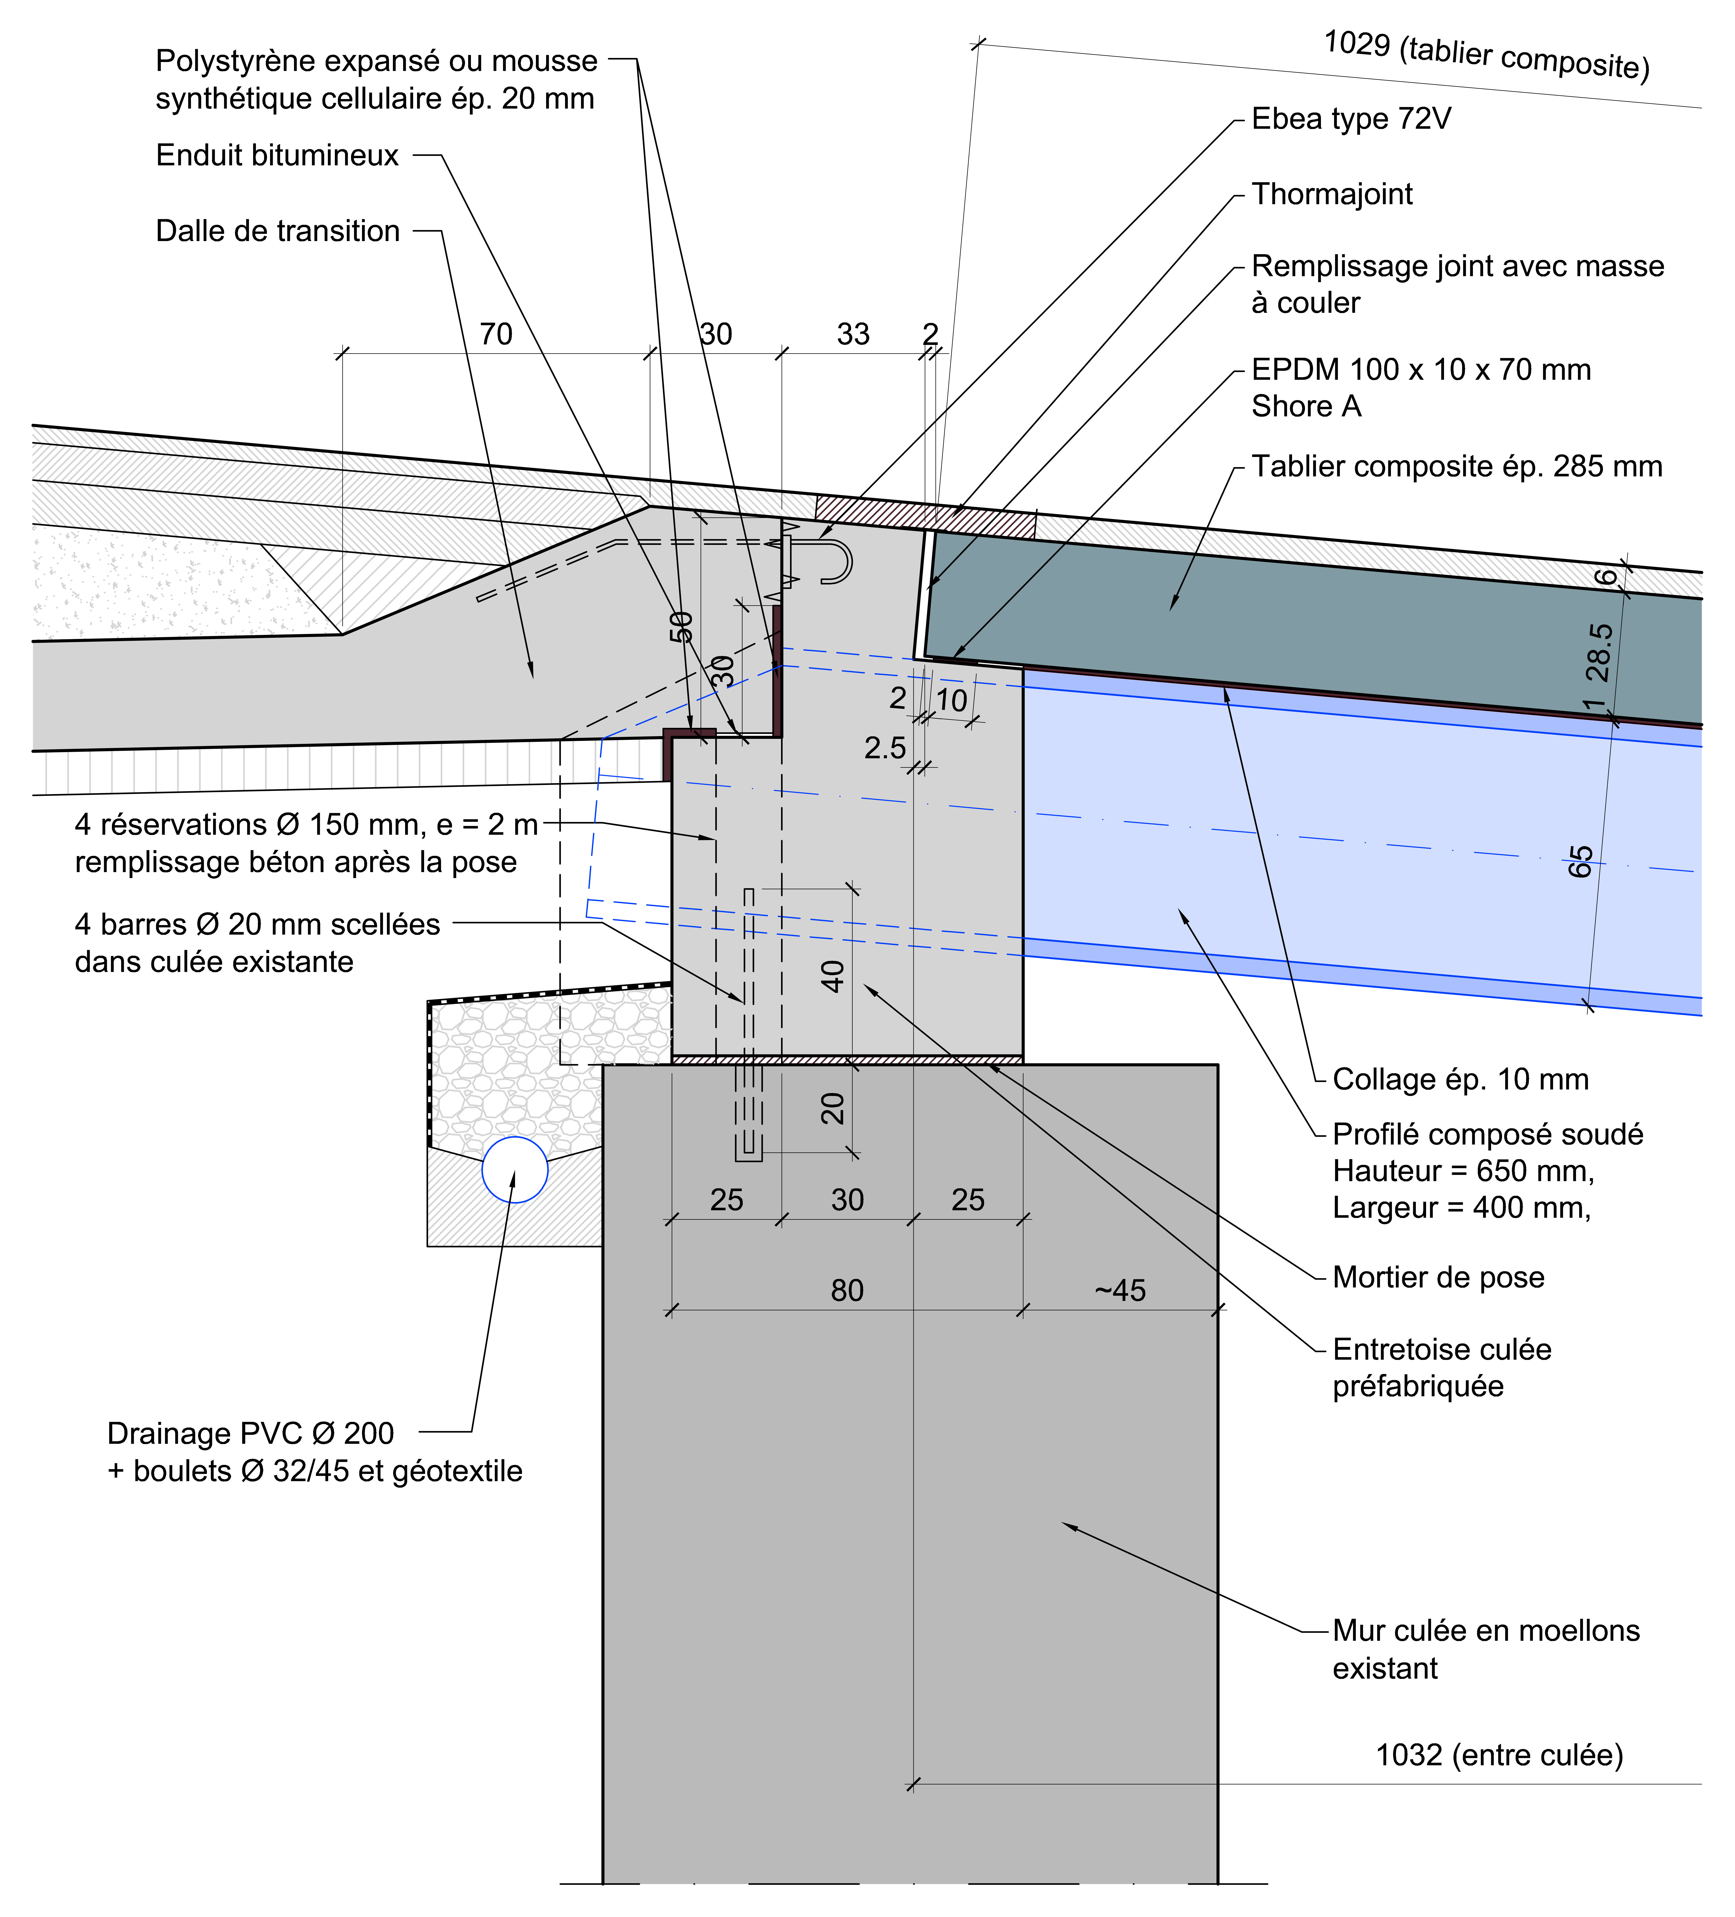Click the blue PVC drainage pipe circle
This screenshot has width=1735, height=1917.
[515, 1170]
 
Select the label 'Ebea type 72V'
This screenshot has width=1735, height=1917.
[1351, 119]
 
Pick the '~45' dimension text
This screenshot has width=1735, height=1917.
[1120, 1290]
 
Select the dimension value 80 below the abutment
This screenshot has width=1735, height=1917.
[847, 1290]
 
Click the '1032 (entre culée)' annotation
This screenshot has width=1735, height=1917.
[1499, 1755]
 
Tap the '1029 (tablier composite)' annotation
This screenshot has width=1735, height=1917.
[1486, 55]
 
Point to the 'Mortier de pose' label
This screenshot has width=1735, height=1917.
[1438, 1277]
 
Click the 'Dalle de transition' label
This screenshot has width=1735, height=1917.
[278, 231]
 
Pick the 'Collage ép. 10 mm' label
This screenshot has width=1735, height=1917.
[1460, 1079]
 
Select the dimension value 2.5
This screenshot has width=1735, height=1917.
[885, 748]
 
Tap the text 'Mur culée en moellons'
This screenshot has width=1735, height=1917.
[1486, 1631]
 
